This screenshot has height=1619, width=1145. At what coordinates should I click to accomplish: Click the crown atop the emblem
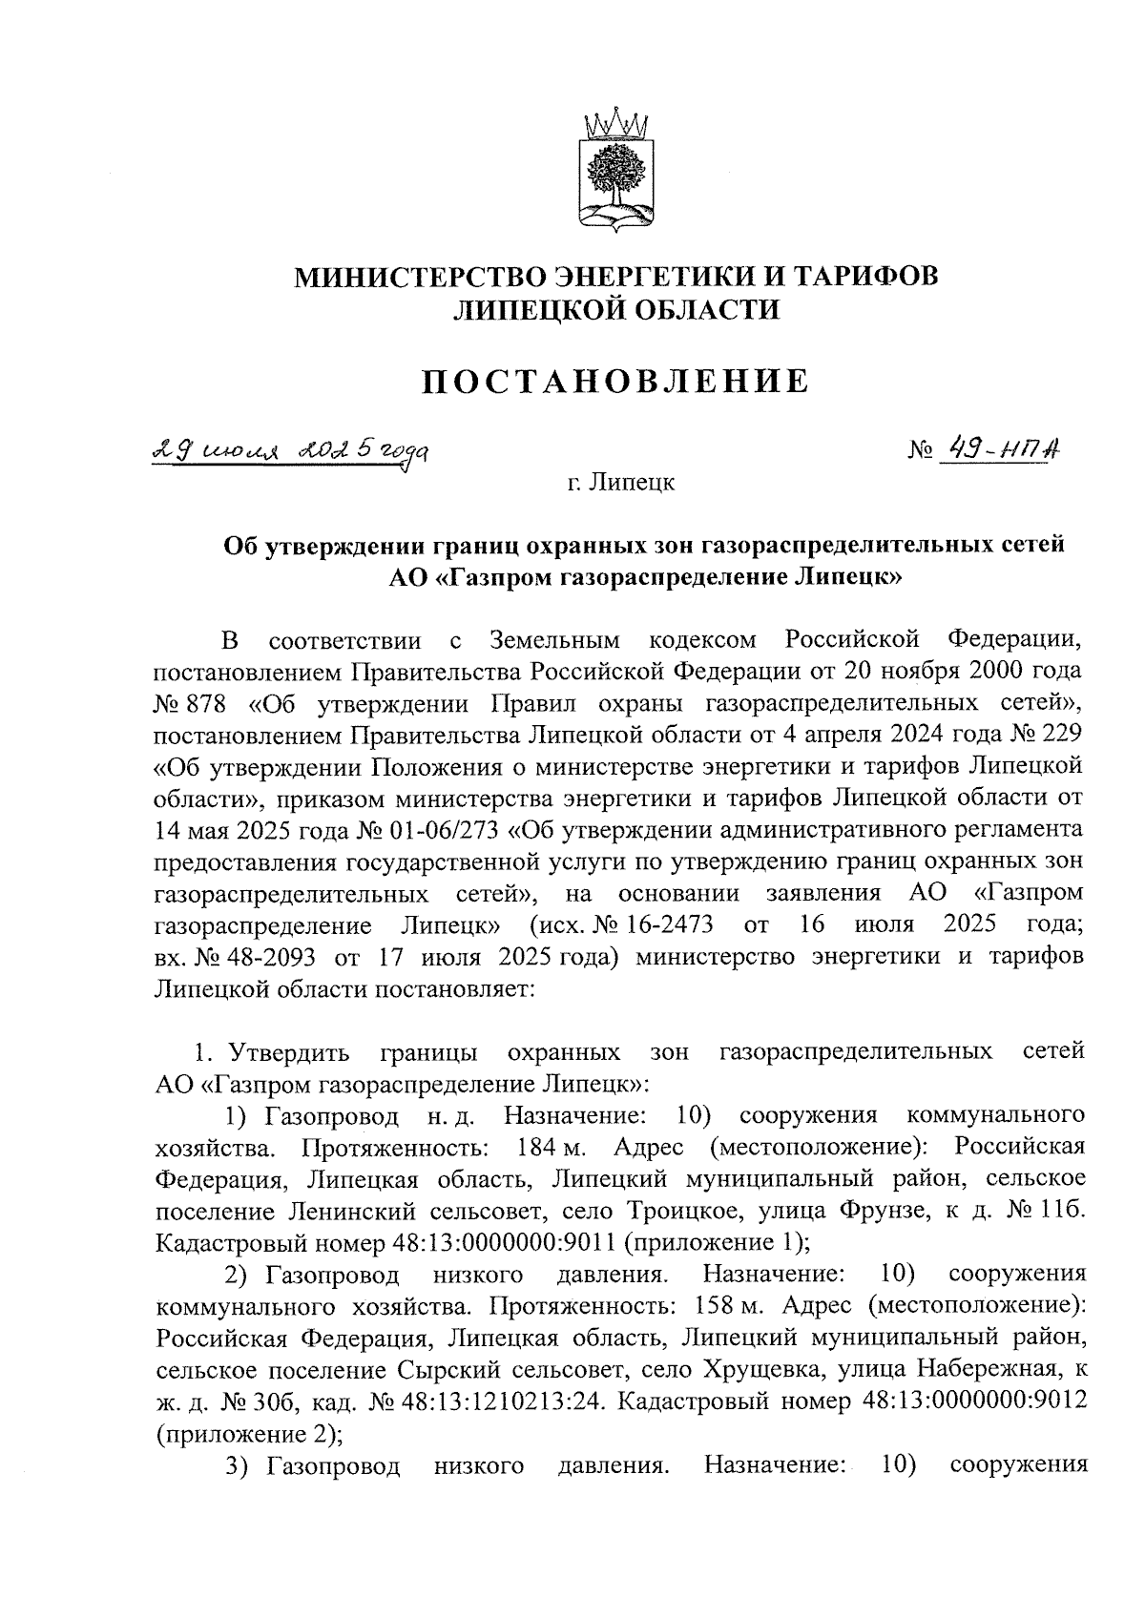614,124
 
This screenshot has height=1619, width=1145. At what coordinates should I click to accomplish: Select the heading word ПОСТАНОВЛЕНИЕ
615,382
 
